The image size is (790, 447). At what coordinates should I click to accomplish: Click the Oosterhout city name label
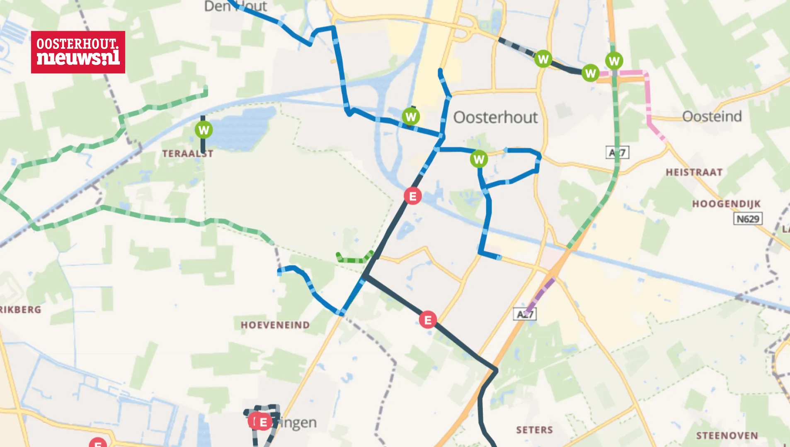click(x=495, y=117)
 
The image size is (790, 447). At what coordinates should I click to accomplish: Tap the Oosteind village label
click(x=712, y=116)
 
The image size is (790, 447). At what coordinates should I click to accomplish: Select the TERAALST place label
click(x=187, y=154)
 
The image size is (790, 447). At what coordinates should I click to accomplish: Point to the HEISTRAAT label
click(x=694, y=172)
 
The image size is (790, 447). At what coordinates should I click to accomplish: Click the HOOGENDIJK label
click(x=726, y=204)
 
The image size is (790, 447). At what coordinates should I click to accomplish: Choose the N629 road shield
click(x=748, y=219)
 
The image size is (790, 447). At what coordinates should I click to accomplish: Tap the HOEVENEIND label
click(x=275, y=325)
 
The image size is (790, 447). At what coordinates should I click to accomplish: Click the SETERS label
click(x=534, y=430)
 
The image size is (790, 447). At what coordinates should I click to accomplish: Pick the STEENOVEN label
click(x=727, y=436)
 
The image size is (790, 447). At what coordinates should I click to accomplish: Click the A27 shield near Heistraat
click(x=617, y=153)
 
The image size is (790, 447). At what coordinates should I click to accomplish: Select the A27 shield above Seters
click(x=525, y=314)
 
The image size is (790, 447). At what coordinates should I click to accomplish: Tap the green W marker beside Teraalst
click(x=204, y=130)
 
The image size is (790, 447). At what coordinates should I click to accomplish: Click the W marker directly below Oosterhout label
click(x=479, y=159)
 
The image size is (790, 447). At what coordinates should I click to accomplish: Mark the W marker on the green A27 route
click(x=614, y=61)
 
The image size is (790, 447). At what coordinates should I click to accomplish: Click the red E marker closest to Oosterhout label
click(x=412, y=196)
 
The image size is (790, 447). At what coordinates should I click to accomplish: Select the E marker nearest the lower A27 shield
click(x=427, y=320)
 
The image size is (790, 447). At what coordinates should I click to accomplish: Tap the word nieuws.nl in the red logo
click(x=78, y=58)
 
